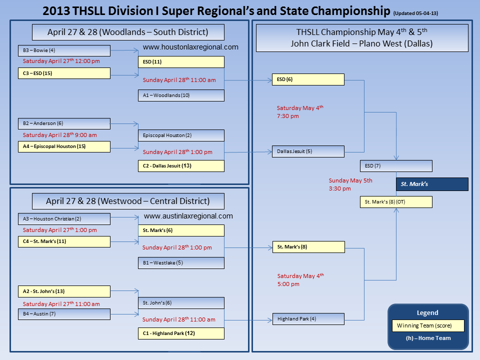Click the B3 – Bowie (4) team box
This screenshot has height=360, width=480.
click(x=63, y=50)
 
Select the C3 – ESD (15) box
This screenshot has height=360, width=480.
click(x=63, y=73)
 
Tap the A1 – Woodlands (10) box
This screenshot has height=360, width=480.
click(x=181, y=95)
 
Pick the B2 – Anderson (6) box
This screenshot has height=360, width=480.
click(x=63, y=123)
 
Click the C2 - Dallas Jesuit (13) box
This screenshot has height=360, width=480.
click(x=181, y=165)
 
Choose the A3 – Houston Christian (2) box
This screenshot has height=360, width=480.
click(x=63, y=219)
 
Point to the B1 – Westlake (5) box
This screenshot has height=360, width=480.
click(x=181, y=263)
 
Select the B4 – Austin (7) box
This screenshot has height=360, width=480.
click(x=63, y=314)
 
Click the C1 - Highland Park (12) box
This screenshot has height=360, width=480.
click(x=181, y=333)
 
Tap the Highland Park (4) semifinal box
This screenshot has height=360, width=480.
click(x=308, y=318)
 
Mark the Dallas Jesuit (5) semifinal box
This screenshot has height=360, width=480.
click(x=308, y=151)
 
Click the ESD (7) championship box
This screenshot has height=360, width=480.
click(x=396, y=166)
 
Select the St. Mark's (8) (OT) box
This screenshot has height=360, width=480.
click(x=396, y=202)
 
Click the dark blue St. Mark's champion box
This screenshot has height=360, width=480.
click(x=432, y=184)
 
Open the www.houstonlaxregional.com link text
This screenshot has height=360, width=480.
click(x=190, y=47)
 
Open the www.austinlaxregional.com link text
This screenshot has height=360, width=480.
click(x=188, y=216)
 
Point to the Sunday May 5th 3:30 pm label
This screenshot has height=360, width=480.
click(x=350, y=184)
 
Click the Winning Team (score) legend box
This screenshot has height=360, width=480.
click(x=428, y=326)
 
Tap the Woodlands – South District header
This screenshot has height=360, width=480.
click(x=128, y=32)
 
